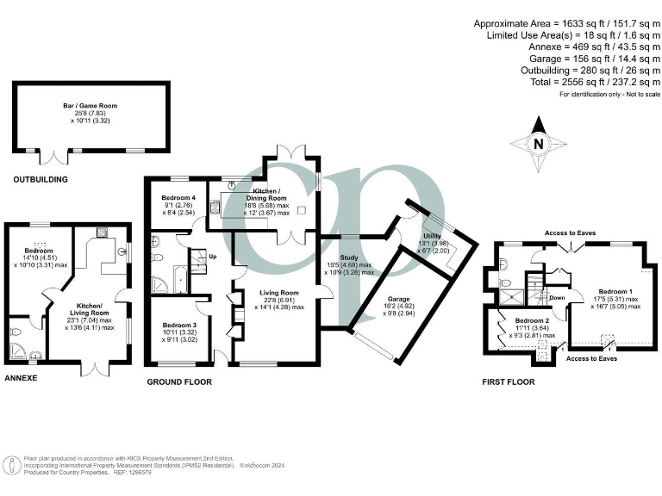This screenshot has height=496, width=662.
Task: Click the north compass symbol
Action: coord(538,144)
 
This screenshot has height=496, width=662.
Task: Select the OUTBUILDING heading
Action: coord(40,179)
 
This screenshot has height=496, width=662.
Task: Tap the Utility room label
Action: coord(432,235)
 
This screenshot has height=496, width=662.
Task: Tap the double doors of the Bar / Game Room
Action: coord(58,157)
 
